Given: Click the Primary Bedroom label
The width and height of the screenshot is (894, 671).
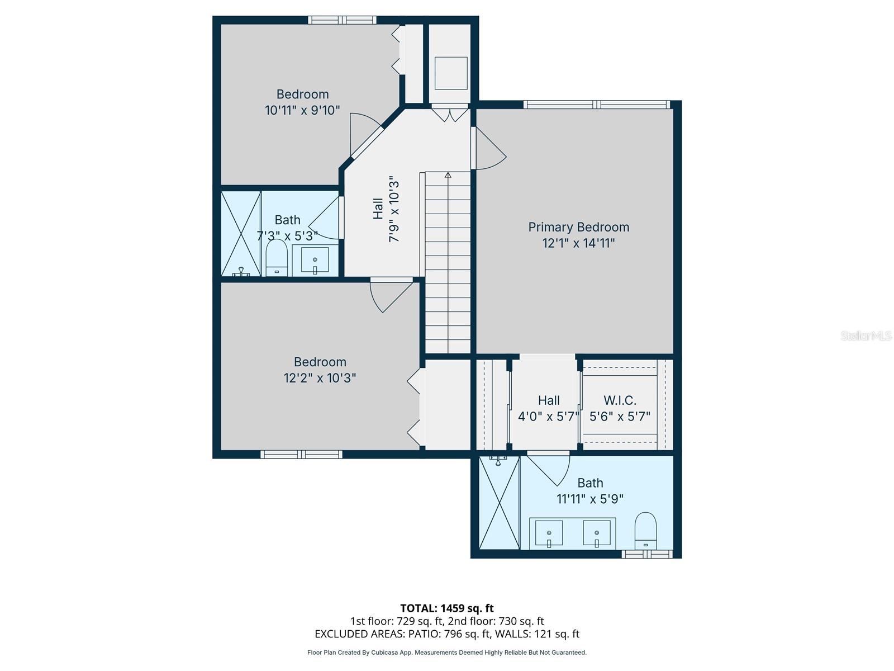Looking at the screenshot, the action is [x=578, y=227].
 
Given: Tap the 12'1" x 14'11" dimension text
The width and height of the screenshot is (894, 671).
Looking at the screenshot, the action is [x=578, y=243].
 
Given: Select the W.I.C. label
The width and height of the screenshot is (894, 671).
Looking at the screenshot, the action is [x=620, y=400].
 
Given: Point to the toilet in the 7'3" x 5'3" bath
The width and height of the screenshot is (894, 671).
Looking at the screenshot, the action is [x=277, y=257].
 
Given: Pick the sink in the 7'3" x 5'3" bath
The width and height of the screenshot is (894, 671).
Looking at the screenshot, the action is [x=315, y=260].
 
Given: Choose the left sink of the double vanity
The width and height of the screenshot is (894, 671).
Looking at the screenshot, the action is [x=549, y=533].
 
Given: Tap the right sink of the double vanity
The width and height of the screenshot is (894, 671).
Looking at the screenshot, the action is [x=597, y=533].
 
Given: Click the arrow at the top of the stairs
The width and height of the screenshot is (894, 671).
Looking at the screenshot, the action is [x=448, y=175].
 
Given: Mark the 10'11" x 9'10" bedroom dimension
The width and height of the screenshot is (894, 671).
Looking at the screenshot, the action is [x=302, y=110].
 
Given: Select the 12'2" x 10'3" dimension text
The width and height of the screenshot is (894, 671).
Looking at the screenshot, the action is [x=320, y=378].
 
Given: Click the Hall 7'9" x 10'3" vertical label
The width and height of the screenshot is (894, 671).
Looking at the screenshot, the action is [x=386, y=209].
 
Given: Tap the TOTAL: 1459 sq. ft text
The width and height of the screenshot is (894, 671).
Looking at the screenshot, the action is [x=447, y=608].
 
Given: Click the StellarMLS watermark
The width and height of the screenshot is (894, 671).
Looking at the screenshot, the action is [x=866, y=335].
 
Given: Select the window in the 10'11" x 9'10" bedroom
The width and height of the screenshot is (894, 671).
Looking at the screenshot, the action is [x=342, y=20].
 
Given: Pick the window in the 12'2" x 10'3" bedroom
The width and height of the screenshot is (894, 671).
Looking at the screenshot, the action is [x=301, y=454].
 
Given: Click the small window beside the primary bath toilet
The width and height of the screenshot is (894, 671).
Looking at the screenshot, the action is [x=647, y=554].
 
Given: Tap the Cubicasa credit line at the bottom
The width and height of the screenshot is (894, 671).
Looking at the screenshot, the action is [x=447, y=652].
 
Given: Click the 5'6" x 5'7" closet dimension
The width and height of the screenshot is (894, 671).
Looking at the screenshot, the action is [x=620, y=417].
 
